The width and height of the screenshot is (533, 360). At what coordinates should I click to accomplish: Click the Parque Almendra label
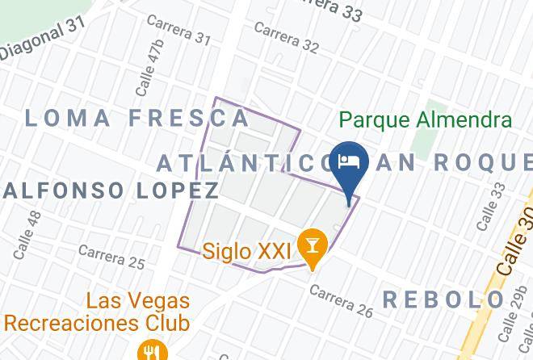pos(426,120)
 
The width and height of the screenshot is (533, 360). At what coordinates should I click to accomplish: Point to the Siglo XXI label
pos(246,251)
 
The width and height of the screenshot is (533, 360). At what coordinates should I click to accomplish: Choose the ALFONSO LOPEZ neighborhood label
pos(111,190)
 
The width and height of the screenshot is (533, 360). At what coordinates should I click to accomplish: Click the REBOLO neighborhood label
pos(443,299)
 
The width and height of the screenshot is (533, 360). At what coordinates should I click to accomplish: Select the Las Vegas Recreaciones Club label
pos(97,313)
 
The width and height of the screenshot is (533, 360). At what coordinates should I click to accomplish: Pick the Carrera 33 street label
pos(331,8)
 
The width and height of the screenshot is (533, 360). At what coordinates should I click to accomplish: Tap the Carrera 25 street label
pos(111,256)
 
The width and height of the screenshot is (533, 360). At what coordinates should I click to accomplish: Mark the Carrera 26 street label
pos(342,300)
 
